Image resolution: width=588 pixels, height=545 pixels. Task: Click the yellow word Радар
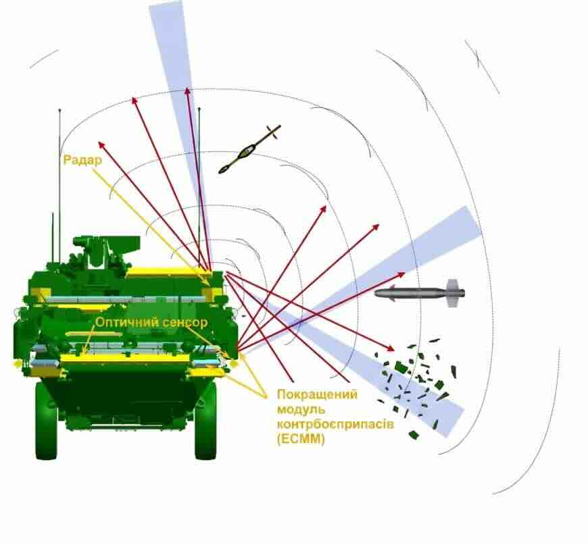82,160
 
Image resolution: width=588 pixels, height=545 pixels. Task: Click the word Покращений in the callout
317,394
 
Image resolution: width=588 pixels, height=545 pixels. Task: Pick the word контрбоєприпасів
336,424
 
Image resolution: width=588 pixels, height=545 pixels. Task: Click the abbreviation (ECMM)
301,438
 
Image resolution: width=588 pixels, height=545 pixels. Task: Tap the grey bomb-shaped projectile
420,293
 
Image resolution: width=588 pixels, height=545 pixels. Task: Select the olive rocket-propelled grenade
249,149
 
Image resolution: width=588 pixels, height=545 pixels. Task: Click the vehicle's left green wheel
47,421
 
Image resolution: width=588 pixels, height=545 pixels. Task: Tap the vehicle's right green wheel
205,421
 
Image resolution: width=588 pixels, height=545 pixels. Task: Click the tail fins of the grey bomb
454,293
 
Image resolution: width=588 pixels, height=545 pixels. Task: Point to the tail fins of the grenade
274,132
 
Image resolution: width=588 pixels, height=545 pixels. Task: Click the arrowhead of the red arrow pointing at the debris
391,348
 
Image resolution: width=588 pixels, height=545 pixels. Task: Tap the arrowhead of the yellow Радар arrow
207,283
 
